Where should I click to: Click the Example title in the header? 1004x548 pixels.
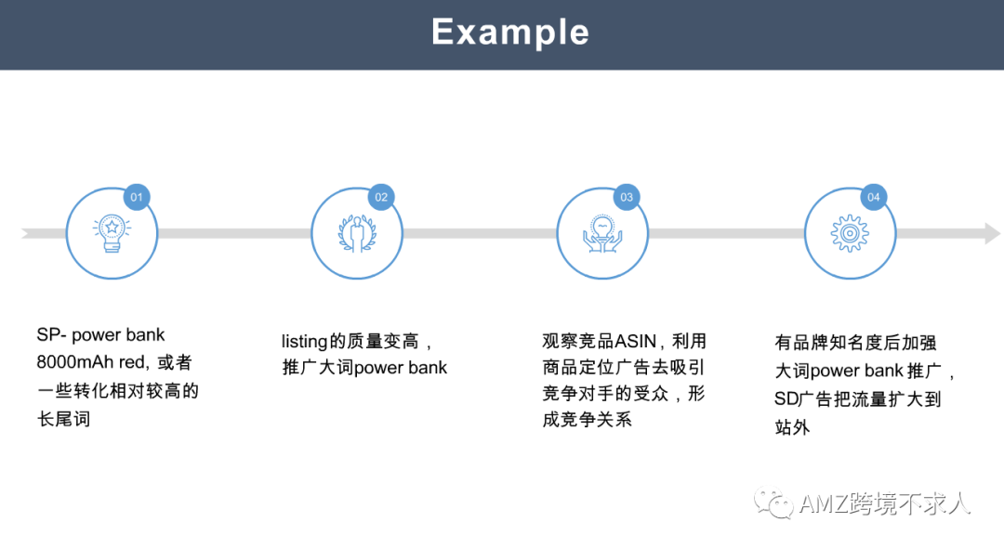[509, 33]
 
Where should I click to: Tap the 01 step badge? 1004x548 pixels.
[137, 197]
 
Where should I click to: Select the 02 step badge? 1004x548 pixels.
[381, 197]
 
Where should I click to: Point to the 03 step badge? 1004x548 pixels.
[627, 197]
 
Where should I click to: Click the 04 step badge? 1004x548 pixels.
[873, 197]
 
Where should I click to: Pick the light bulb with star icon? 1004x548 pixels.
[112, 233]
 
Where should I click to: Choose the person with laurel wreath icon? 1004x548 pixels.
[357, 233]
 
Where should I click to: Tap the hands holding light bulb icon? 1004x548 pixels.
[602, 233]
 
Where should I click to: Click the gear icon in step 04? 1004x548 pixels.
[849, 233]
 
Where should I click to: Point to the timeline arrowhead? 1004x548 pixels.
[992, 233]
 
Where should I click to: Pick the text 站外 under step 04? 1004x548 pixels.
[792, 427]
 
